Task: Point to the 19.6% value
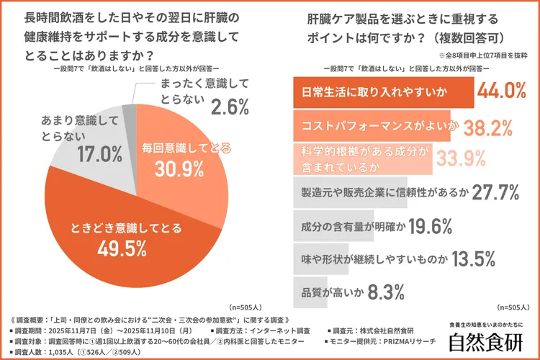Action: click(x=429, y=226)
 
